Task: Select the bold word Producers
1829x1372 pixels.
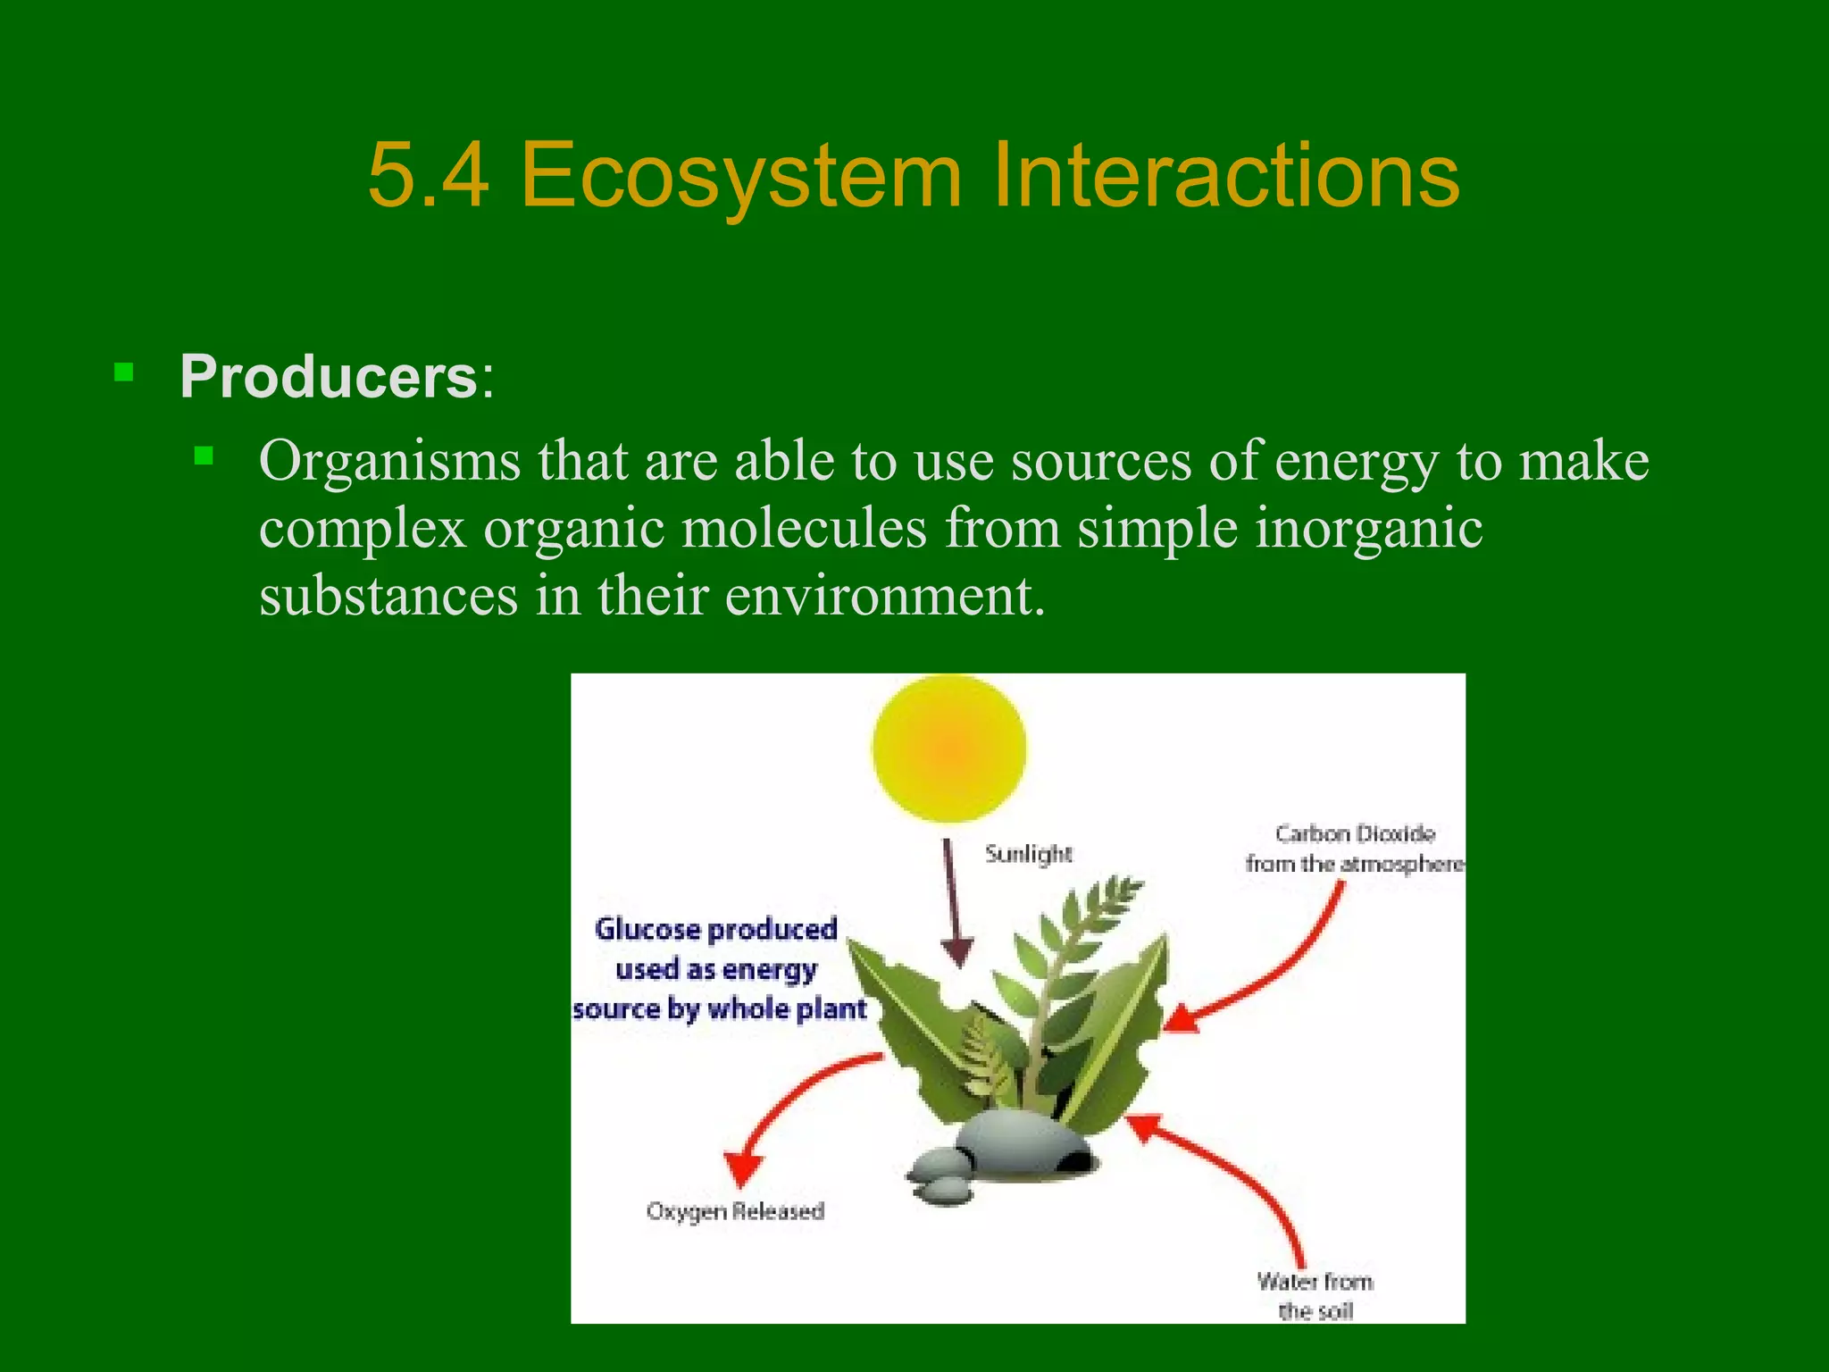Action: point(329,377)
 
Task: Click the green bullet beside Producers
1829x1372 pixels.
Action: point(123,372)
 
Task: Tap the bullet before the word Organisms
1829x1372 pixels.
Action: point(205,456)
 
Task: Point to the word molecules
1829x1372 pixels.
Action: point(804,529)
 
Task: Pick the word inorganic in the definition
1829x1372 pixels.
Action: point(1368,529)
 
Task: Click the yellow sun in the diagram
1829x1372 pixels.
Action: point(948,747)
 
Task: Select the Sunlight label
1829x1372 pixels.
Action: point(1028,854)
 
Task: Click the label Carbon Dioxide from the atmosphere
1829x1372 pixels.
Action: point(1354,849)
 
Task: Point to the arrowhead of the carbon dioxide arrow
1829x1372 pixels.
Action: point(1181,1019)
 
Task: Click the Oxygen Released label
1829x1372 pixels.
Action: point(735,1212)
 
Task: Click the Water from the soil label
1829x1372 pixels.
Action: point(1315,1296)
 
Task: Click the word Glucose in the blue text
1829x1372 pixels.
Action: point(647,930)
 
